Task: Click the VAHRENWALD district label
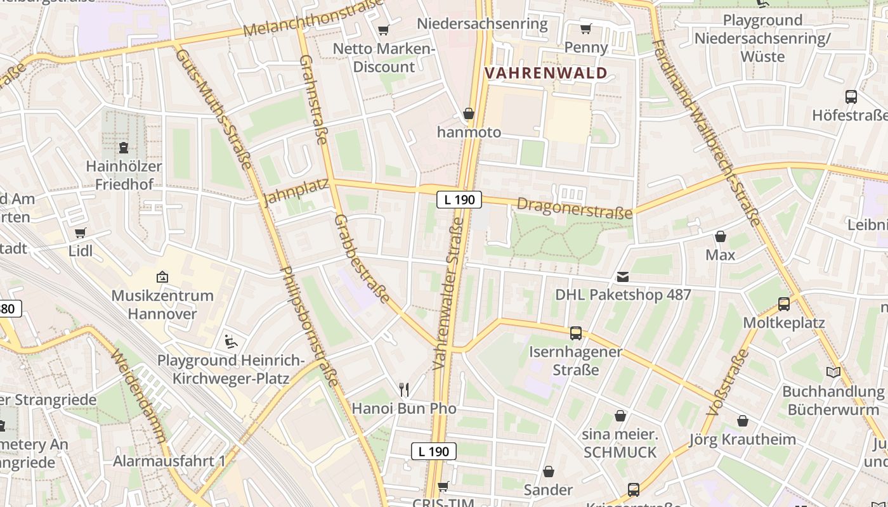coord(546,73)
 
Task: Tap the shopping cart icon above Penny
coord(585,29)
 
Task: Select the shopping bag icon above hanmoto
coord(469,114)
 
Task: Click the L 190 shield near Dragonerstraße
coord(459,200)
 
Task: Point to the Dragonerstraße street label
coord(575,208)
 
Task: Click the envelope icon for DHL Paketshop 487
coord(623,277)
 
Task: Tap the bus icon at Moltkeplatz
coord(784,304)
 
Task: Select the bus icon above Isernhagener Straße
coord(576,333)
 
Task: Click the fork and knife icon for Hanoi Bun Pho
coord(403,389)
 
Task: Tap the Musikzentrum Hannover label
coord(162,304)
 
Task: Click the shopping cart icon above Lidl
coord(80,233)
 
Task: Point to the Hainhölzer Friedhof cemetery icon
coord(124,148)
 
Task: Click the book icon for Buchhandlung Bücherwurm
coord(833,373)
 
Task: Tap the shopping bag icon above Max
coord(721,237)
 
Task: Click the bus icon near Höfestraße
coord(851,97)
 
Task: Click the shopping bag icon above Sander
coord(549,472)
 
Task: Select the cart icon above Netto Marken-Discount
coord(383,30)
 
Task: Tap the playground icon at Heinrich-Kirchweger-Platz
coord(231,342)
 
